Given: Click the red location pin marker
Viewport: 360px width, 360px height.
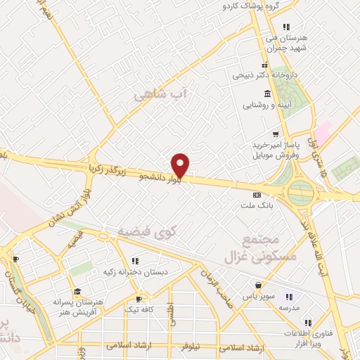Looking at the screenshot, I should click(181, 165).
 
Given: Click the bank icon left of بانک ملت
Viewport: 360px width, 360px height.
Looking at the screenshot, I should click(257, 195).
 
